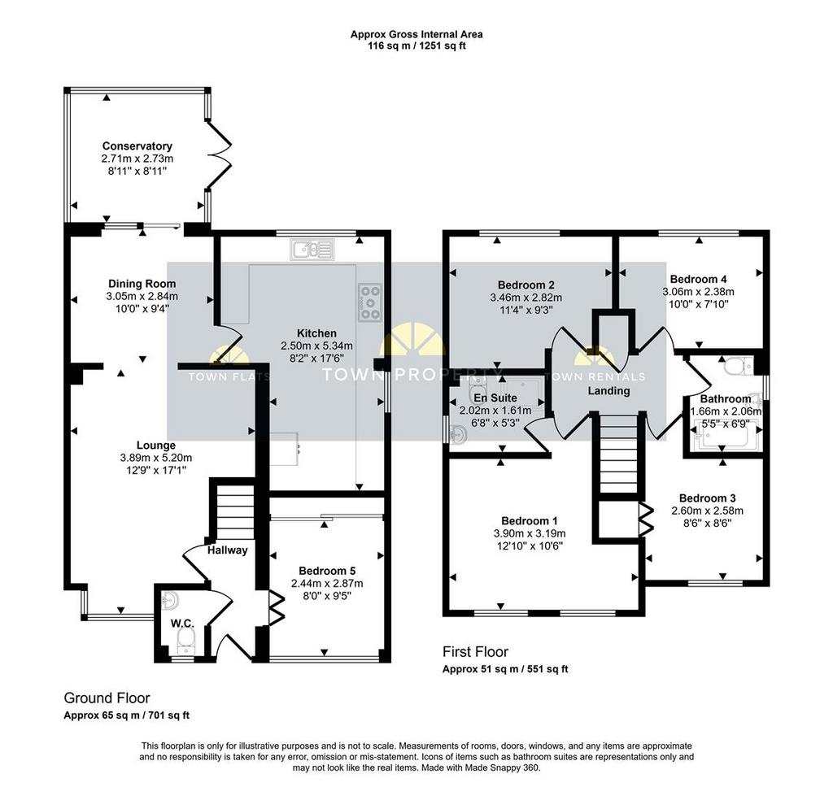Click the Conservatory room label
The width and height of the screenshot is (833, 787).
click(x=137, y=146)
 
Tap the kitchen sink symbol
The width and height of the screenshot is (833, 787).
click(x=312, y=249)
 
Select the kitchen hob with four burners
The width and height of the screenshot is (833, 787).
click(x=370, y=302)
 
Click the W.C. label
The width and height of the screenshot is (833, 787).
click(x=182, y=623)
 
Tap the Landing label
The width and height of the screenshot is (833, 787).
click(x=608, y=391)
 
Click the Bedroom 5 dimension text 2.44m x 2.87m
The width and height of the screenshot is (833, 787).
click(x=327, y=583)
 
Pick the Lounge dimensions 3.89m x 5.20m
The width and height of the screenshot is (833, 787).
click(x=156, y=458)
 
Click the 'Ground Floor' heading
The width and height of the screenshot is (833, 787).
click(x=107, y=698)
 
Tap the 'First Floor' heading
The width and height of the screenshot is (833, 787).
click(x=475, y=651)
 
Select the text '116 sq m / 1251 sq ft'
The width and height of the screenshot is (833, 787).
click(x=416, y=46)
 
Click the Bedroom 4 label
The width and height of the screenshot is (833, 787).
click(x=699, y=279)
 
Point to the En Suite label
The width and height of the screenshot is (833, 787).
click(x=495, y=398)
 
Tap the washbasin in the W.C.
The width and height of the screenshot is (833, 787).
click(x=170, y=601)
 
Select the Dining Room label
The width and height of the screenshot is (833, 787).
click(x=142, y=284)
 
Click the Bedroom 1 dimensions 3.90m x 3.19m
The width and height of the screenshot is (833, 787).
click(x=530, y=533)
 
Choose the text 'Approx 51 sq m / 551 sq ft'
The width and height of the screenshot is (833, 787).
click(x=505, y=669)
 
